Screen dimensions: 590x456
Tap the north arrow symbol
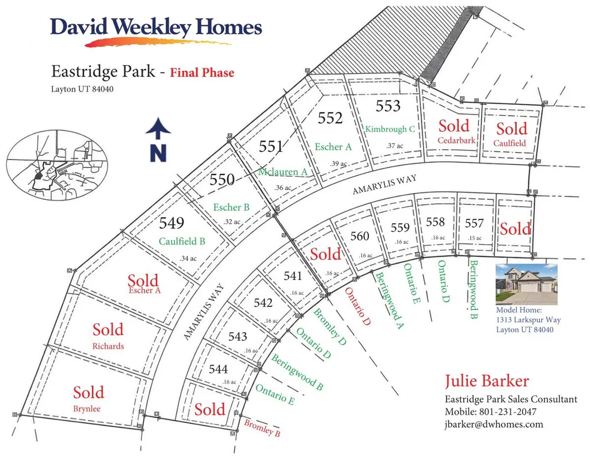pyautogui.click(x=158, y=140)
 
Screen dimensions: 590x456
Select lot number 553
pyautogui.click(x=388, y=106)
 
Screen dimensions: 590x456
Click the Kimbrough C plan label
pyautogui.click(x=390, y=129)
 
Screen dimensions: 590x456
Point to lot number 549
pyautogui.click(x=172, y=223)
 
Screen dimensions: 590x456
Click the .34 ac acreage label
pyautogui.click(x=188, y=259)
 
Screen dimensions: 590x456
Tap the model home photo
pyautogui.click(x=527, y=284)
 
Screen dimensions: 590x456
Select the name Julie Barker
pyautogui.click(x=487, y=381)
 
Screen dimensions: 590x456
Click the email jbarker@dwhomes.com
pyautogui.click(x=494, y=424)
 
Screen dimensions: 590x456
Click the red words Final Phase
pyautogui.click(x=202, y=72)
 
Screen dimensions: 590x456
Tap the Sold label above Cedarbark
pyautogui.click(x=454, y=126)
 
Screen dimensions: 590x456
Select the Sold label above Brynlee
pyautogui.click(x=89, y=393)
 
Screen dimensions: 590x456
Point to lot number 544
pyautogui.click(x=218, y=368)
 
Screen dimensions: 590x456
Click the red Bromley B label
pyautogui.click(x=262, y=428)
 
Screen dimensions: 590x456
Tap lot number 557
pyautogui.click(x=474, y=223)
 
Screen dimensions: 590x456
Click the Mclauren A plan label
pyautogui.click(x=283, y=172)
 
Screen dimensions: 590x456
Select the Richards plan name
pyautogui.click(x=108, y=346)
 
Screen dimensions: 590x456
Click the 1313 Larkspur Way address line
pyautogui.click(x=528, y=320)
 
